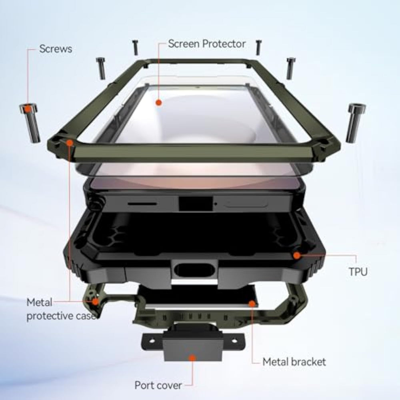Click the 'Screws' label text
coord(56,49)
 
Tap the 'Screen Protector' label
coord(207,44)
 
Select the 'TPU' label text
coord(358,272)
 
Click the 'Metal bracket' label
coord(294,362)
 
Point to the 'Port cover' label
coord(158,385)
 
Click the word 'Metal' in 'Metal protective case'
coord(39,302)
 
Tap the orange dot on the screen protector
coord(159,102)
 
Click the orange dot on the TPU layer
coord(296,255)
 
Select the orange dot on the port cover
coord(193,358)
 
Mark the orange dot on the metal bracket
coord(252,304)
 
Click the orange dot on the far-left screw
coord(28,110)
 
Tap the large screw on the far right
coord(356,123)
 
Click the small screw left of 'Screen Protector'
coord(136,48)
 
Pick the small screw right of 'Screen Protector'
coord(258,48)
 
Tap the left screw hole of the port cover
coord(152,341)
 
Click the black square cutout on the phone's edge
coord(196,204)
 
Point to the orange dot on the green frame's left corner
coord(69,142)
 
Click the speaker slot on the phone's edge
coord(142,204)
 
